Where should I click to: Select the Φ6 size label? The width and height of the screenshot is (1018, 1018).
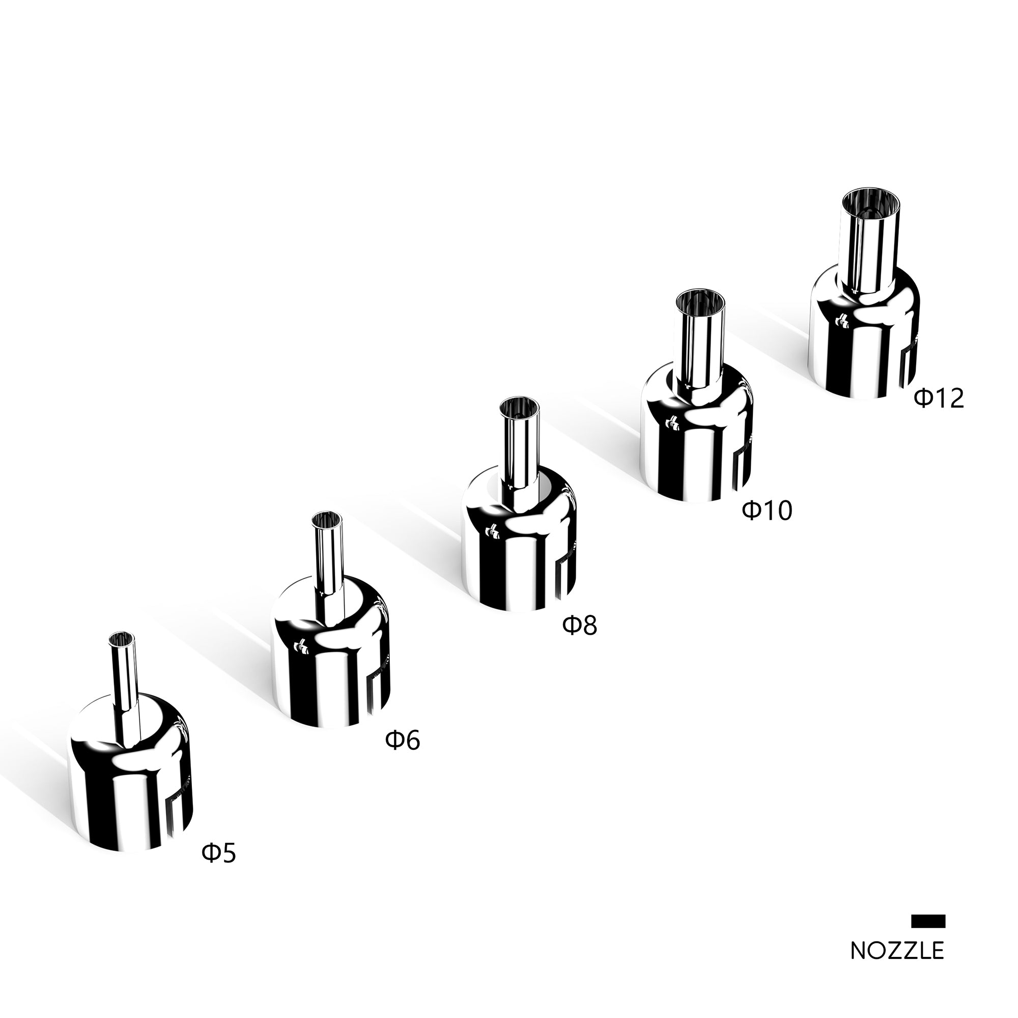pos(403,740)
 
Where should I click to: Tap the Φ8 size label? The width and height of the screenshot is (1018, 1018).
pos(580,626)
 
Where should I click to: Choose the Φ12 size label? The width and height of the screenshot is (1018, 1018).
pos(939,399)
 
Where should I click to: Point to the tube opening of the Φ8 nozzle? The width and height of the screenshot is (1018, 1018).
pos(519,408)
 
